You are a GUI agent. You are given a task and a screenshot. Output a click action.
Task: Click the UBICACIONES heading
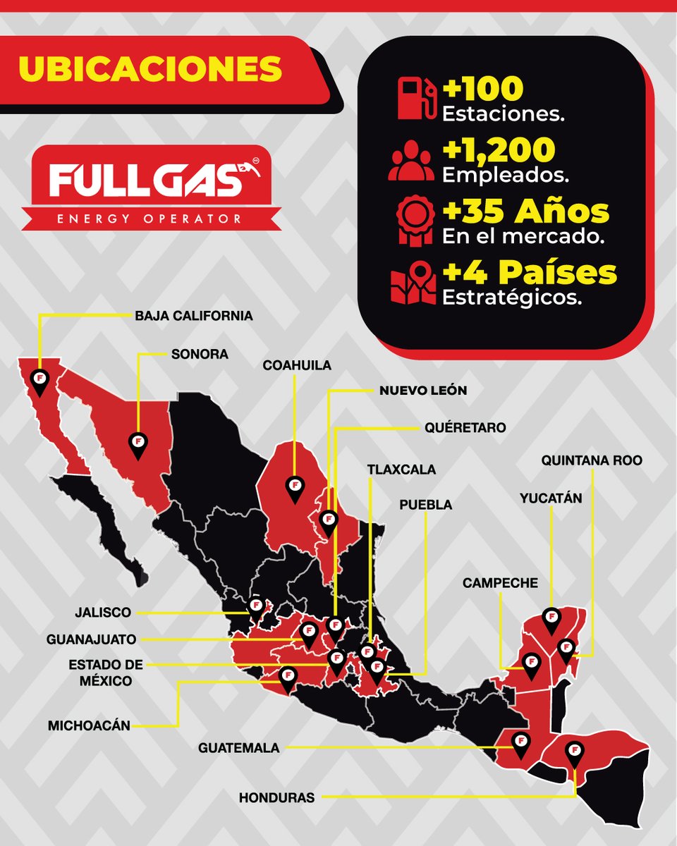coord(150,68)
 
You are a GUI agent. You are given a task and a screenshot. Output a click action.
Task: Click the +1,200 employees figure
coord(499,149)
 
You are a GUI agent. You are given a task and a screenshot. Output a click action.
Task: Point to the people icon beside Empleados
coord(412,160)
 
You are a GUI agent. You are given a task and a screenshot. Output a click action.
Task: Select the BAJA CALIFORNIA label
coord(193,316)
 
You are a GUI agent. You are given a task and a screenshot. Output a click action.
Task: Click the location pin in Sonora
coord(138,444)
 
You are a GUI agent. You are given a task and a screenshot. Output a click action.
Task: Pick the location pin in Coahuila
coord(294,488)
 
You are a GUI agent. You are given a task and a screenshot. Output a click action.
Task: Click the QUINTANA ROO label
coord(592,460)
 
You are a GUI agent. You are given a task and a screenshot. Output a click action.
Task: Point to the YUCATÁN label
coord(551,498)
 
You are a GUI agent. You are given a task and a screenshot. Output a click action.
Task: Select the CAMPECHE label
coord(500,583)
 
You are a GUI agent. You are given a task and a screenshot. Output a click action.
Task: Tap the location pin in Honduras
coord(575,754)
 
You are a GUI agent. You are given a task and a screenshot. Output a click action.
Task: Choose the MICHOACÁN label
coord(89,725)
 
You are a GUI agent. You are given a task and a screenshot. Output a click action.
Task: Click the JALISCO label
coord(102,613)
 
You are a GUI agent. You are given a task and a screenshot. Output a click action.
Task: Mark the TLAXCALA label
coord(401,469)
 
